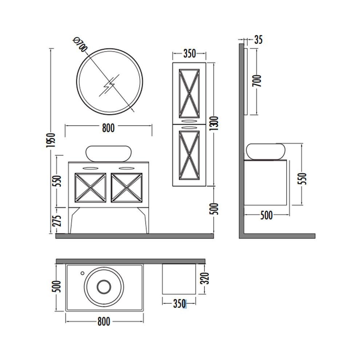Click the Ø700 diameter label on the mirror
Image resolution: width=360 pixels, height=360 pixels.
point(80,44)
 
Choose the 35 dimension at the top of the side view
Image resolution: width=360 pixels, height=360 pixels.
point(258,40)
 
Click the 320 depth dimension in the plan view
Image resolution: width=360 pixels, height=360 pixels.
point(205,278)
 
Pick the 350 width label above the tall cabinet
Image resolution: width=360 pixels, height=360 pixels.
point(189,54)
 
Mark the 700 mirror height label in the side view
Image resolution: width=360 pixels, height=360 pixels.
point(257,81)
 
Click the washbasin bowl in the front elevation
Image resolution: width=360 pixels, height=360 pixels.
point(108,153)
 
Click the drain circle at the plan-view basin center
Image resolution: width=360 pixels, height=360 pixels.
point(104,287)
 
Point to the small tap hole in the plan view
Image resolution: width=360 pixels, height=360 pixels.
point(83,273)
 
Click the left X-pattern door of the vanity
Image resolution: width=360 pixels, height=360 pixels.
point(90,187)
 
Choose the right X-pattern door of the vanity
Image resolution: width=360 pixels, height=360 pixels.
point(127,187)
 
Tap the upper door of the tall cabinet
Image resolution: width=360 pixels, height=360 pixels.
point(189,93)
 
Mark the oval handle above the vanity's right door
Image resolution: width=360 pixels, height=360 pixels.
point(127,168)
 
